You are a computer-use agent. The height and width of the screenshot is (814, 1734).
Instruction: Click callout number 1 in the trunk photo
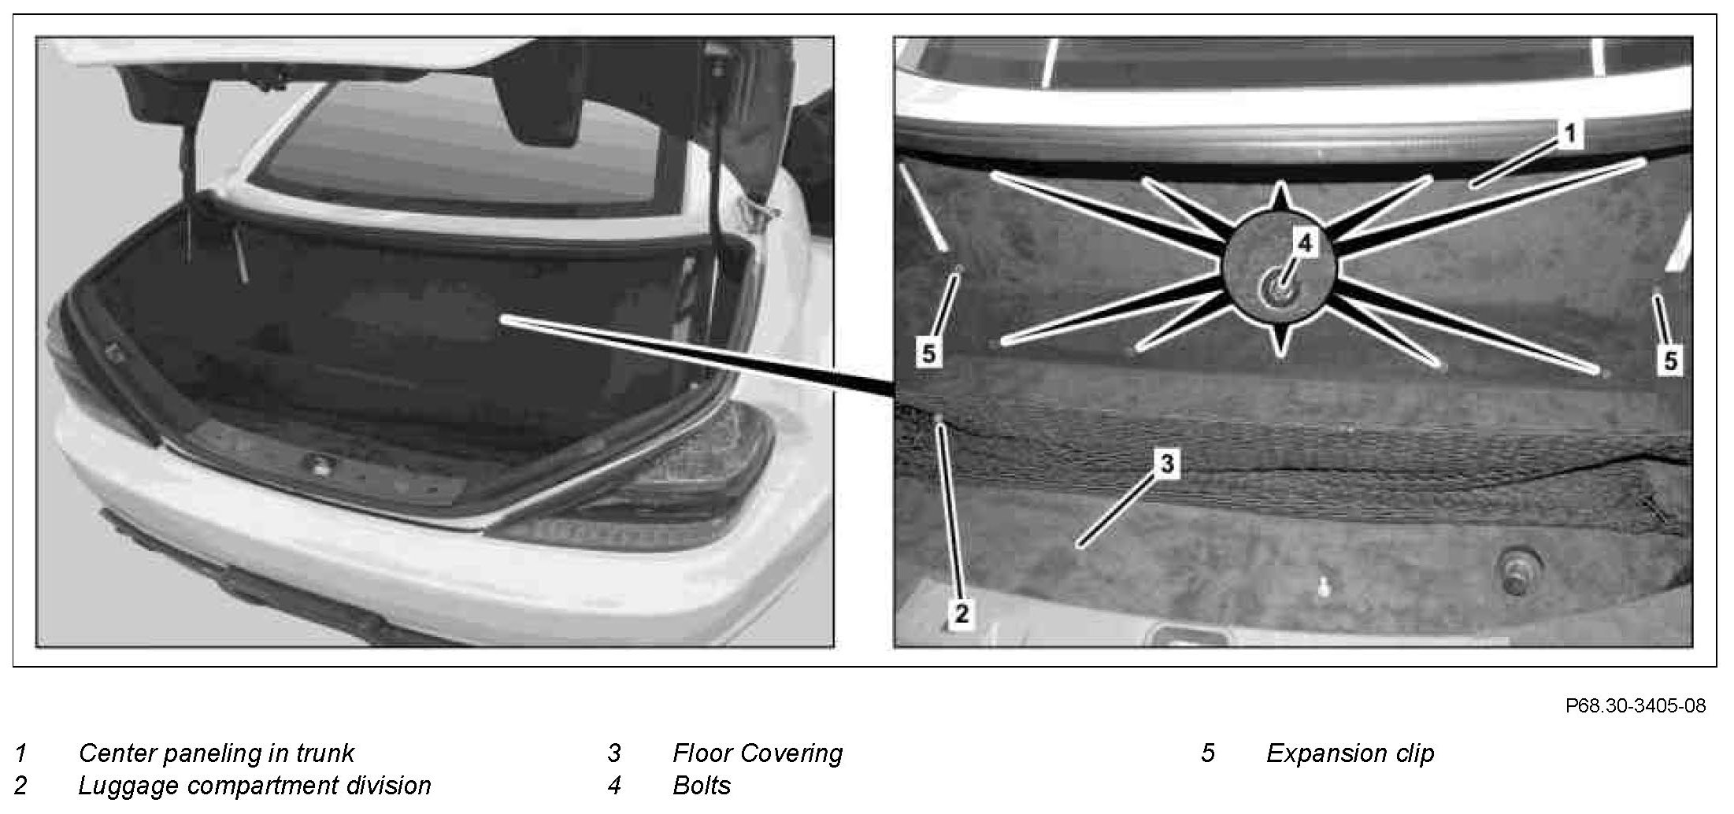(1569, 135)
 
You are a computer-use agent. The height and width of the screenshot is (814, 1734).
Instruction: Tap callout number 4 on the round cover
(1305, 244)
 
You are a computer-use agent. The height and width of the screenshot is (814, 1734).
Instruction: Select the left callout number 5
(929, 353)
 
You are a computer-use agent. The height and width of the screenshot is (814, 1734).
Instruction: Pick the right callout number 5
(1670, 361)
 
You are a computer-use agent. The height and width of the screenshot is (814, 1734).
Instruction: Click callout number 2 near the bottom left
(961, 613)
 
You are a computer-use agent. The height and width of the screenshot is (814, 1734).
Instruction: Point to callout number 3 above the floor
(1166, 464)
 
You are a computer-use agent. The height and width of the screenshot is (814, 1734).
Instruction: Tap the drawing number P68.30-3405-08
(1636, 706)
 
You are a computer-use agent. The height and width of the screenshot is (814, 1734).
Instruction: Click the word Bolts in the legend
(702, 786)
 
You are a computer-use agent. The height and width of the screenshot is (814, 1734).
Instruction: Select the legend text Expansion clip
(1350, 753)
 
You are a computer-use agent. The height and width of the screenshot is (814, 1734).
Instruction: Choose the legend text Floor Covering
(758, 753)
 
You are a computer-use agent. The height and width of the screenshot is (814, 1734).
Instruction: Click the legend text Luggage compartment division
(254, 786)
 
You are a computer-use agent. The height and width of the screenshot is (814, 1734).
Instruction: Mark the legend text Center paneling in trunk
(217, 753)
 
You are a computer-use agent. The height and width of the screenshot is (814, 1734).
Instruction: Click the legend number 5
(1207, 753)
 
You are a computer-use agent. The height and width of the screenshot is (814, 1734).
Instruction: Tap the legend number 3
(614, 753)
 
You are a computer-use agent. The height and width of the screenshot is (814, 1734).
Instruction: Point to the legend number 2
(21, 786)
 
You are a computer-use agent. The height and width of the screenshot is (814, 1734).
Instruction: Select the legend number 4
(614, 786)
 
